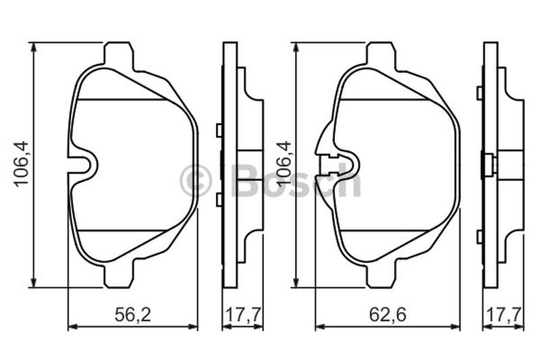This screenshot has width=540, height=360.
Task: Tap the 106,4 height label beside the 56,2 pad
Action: tap(22, 163)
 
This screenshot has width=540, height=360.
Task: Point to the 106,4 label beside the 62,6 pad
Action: tap(283, 164)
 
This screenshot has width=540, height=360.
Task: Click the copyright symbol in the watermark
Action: tap(195, 181)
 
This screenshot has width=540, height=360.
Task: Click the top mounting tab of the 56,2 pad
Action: tap(118, 53)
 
